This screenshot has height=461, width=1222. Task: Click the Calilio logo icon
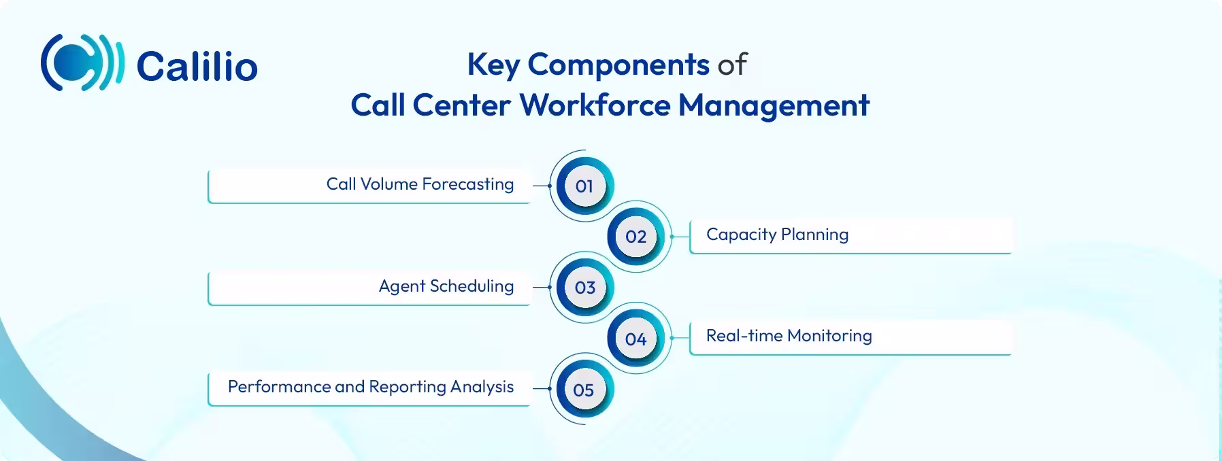coord(82,63)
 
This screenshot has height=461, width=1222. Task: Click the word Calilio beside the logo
coord(197,67)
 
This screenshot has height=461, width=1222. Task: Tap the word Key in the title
coord(493,65)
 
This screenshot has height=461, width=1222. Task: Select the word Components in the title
coord(618,65)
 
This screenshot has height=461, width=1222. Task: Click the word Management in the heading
coord(774,105)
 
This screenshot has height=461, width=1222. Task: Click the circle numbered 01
coord(584,186)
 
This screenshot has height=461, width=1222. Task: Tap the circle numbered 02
coord(635,237)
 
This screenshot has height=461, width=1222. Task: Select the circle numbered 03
coord(584,288)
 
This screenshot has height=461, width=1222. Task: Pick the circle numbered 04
coord(635,339)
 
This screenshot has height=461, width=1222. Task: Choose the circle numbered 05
coord(584,390)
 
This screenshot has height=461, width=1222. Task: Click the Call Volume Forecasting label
coord(420,184)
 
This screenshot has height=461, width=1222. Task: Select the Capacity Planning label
coord(777,235)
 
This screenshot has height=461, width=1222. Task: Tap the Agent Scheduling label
coord(446,286)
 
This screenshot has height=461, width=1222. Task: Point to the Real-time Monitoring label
coord(789,336)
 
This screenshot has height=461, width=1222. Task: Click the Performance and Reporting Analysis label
coord(371,387)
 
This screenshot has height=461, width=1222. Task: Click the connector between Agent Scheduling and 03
coord(541,287)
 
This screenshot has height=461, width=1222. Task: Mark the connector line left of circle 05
coord(541,389)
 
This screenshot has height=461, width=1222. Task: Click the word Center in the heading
coord(461,105)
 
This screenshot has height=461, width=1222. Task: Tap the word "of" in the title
coord(732,65)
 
